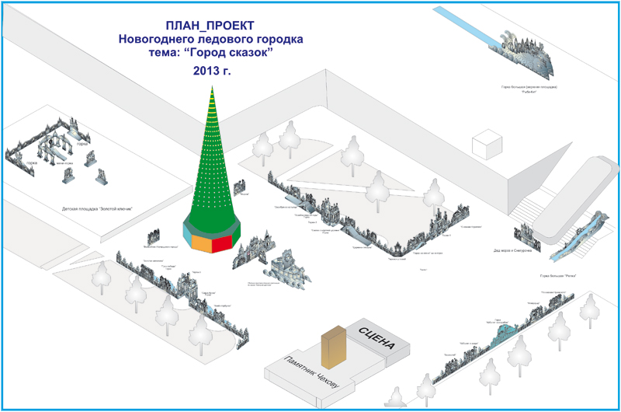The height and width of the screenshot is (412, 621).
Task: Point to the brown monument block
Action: coord(332,348)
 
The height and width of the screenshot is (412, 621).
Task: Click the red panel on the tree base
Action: coord(224,243)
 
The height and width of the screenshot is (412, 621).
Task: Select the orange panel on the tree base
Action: coord(203,243)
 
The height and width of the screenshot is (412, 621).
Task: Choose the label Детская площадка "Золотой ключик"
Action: coord(98,209)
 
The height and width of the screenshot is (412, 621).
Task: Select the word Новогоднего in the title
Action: coord(155,39)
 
